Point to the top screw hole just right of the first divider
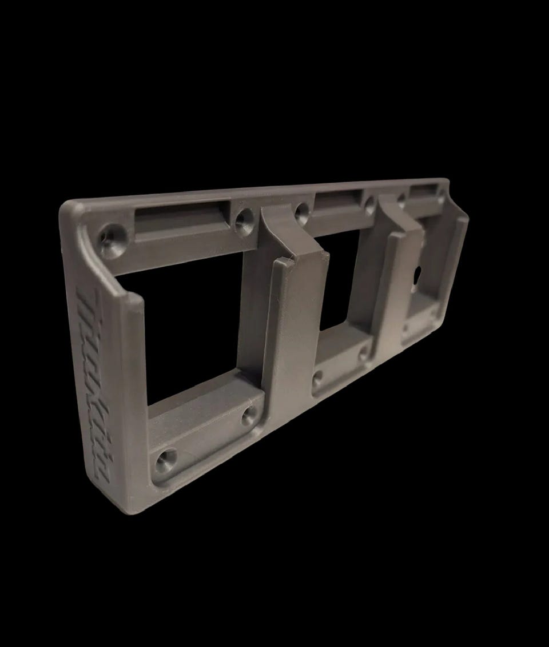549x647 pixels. pos(302,211)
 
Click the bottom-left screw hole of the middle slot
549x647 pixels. pos(317,379)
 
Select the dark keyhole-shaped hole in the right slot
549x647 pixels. pos(417,273)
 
